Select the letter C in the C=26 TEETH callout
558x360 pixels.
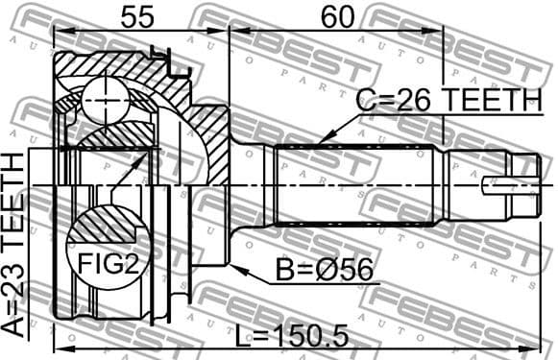pyautogui.click(x=366, y=99)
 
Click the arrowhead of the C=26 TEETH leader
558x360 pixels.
pyautogui.click(x=317, y=144)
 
